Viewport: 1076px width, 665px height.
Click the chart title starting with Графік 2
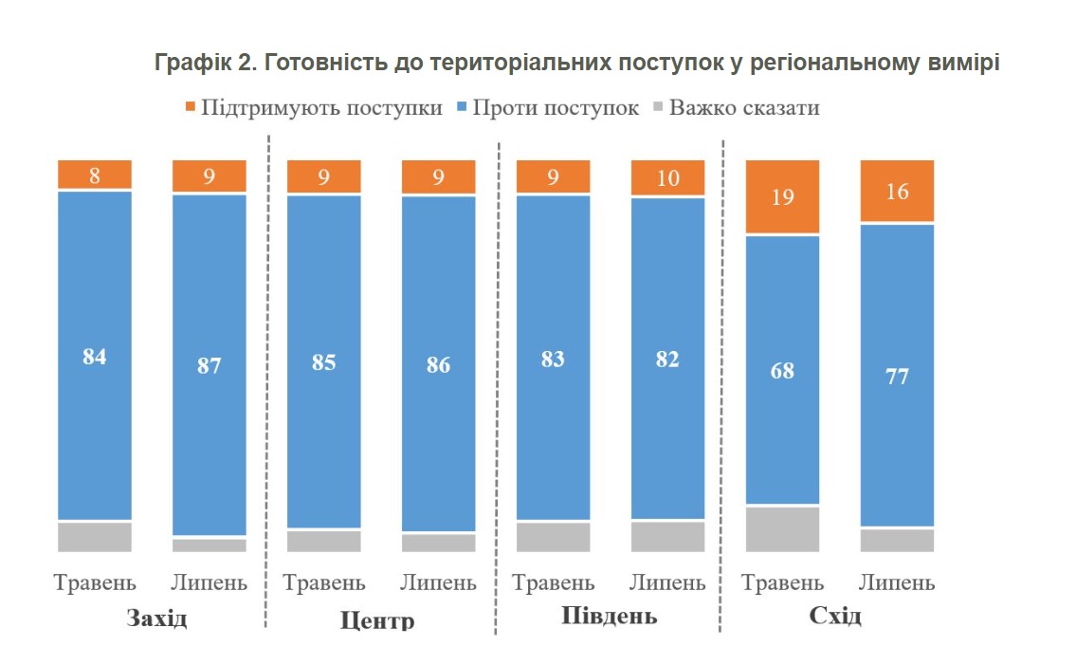(577, 64)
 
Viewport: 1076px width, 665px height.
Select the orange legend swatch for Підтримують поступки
(189, 106)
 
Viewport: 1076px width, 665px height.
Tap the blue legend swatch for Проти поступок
(462, 106)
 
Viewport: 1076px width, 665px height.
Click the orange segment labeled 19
(783, 196)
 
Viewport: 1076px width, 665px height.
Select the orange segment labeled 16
(897, 191)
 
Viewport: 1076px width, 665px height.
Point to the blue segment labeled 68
(783, 369)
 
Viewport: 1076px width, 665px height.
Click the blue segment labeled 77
(897, 375)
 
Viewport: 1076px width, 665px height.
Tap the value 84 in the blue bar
(95, 357)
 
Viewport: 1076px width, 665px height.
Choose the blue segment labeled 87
(210, 365)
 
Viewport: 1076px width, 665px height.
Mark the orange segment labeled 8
(95, 175)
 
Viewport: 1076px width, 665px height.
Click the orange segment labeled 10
(668, 177)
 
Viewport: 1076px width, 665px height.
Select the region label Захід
(156, 619)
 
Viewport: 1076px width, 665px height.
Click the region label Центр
(377, 622)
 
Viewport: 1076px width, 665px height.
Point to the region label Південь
(609, 616)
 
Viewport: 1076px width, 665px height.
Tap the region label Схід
(835, 616)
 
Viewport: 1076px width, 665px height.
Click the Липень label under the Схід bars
(897, 582)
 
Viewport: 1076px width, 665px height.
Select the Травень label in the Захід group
(95, 582)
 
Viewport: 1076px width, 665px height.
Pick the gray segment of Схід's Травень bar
(783, 529)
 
